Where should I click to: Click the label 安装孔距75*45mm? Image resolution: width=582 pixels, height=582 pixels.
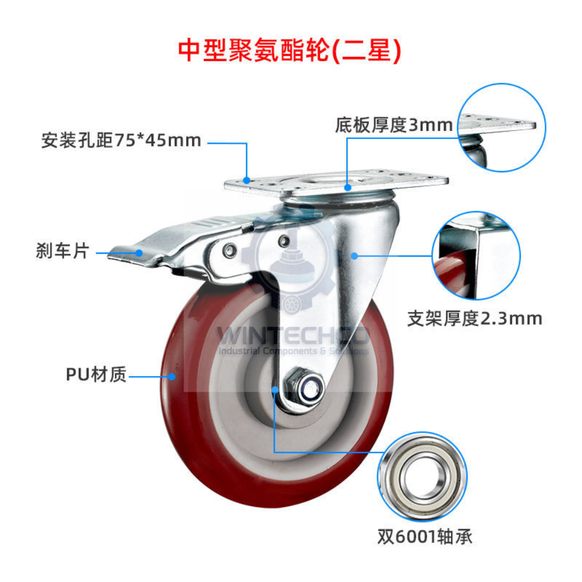click(121, 140)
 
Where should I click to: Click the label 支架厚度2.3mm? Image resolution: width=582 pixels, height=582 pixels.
click(474, 318)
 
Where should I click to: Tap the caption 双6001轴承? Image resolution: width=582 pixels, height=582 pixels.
click(423, 536)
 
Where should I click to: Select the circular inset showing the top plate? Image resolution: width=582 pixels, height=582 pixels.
click(502, 127)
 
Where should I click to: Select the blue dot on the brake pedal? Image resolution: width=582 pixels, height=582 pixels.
click(140, 253)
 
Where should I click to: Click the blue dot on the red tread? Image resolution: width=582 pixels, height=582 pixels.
click(172, 377)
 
